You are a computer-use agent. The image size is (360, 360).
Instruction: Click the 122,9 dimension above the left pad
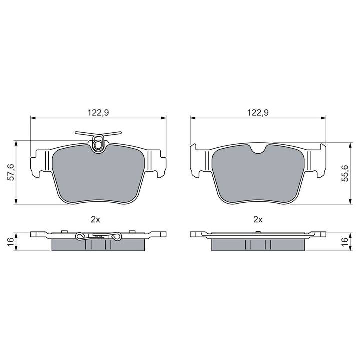(98, 112)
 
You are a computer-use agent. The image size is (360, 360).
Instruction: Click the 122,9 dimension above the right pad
(258, 112)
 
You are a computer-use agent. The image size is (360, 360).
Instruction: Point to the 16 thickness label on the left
(11, 242)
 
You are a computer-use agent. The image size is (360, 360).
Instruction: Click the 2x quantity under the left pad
(95, 220)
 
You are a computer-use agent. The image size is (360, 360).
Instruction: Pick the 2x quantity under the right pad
(258, 220)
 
